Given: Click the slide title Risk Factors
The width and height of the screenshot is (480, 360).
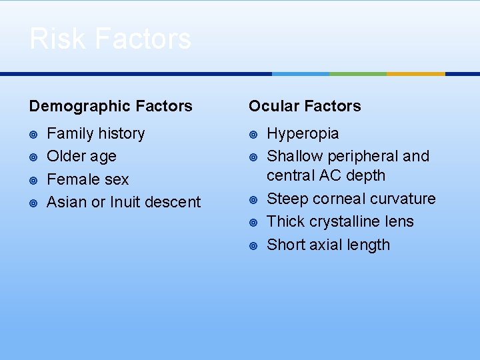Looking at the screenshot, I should click(x=110, y=39).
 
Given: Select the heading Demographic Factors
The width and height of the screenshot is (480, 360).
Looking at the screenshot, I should click(x=111, y=106).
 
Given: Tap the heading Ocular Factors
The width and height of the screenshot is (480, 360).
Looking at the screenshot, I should click(x=305, y=106).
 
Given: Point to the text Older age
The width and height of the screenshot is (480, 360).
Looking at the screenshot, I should click(x=81, y=156).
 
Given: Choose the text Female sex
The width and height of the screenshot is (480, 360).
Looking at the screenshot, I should click(x=87, y=179).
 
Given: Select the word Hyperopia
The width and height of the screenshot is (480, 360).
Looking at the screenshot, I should click(x=303, y=133).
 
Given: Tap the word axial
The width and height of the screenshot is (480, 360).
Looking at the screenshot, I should click(x=325, y=245).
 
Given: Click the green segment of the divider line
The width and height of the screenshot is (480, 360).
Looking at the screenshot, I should click(x=358, y=74).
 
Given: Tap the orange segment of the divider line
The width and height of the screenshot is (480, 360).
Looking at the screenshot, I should click(x=415, y=74).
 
